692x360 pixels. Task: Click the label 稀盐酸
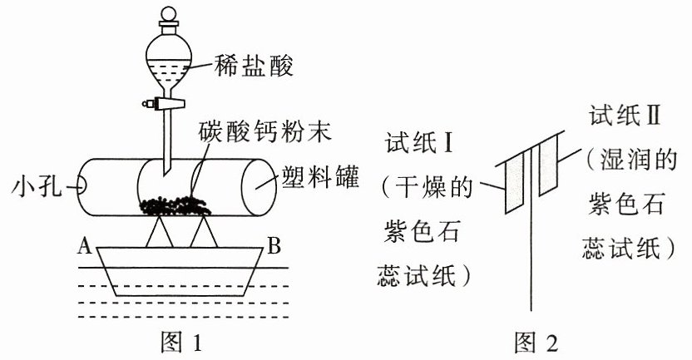(x=254, y=67)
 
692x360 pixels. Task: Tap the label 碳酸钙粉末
(x=265, y=131)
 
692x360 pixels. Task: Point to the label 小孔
(x=37, y=188)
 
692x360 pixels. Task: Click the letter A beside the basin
(x=84, y=245)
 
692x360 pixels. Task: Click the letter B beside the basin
(x=274, y=245)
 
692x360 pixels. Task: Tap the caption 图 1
(x=181, y=343)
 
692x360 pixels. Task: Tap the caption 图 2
(x=536, y=343)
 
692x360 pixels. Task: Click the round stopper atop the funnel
(x=168, y=13)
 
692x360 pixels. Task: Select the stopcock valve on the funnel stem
(x=163, y=104)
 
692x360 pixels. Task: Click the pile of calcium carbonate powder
(x=175, y=206)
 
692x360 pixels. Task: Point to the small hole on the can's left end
(x=81, y=186)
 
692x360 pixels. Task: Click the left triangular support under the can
(x=159, y=233)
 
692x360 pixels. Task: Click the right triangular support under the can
(x=204, y=232)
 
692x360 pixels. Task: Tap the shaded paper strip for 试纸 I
(x=514, y=182)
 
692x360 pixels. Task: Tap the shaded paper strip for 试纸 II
(x=548, y=165)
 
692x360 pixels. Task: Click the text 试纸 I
(x=419, y=143)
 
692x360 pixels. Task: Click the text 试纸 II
(x=625, y=116)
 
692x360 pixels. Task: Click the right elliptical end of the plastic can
(x=259, y=187)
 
